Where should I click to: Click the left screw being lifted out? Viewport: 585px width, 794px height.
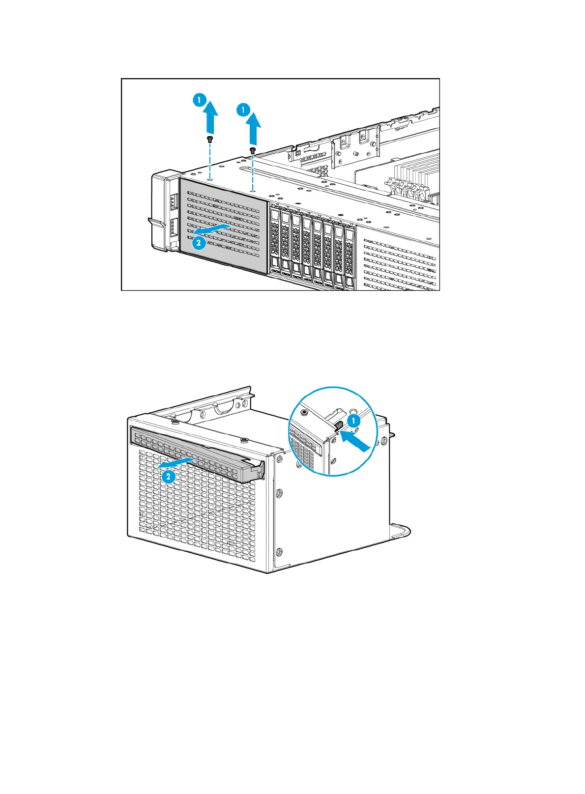tap(210, 139)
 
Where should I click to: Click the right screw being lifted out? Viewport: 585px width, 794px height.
tap(253, 150)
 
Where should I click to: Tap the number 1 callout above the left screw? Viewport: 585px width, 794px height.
tap(199, 100)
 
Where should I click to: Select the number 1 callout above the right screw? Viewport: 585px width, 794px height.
tap(243, 110)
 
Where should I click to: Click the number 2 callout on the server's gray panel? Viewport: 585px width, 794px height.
tap(199, 242)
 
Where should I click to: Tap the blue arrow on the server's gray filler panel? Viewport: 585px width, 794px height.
tap(211, 229)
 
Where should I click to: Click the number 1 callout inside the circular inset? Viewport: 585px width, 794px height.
tap(353, 421)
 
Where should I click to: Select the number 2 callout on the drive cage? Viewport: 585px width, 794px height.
tap(169, 476)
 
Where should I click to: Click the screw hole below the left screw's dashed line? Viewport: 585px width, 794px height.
tap(210, 180)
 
